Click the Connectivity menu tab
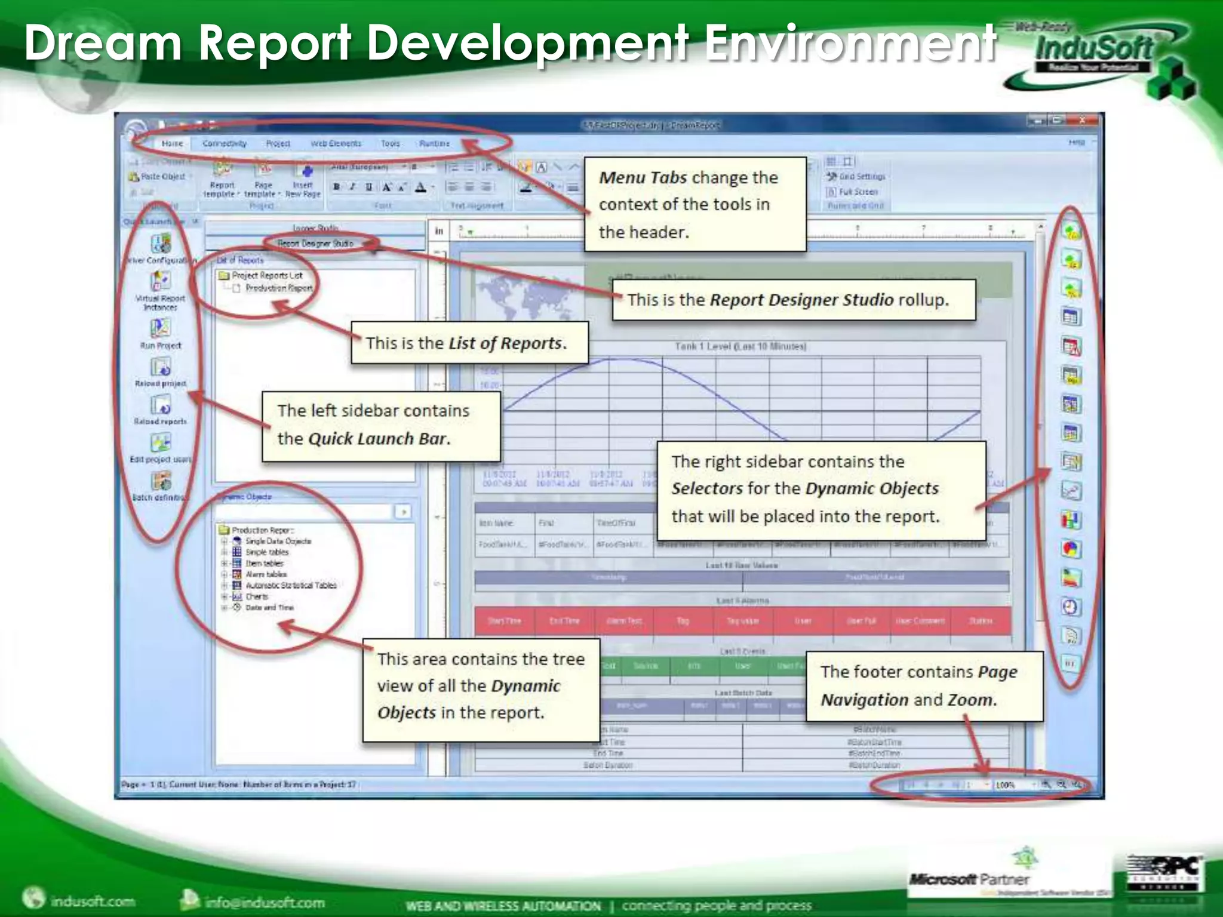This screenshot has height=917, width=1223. [x=224, y=144]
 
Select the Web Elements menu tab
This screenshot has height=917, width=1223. [x=336, y=144]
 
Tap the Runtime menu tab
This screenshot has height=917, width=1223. [x=434, y=144]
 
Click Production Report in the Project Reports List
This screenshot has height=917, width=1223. [x=279, y=288]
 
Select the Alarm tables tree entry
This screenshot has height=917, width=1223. [x=266, y=574]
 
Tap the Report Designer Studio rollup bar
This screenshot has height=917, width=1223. [x=315, y=244]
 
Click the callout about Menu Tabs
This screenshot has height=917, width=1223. [x=695, y=204]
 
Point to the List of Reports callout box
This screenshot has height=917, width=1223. [x=469, y=343]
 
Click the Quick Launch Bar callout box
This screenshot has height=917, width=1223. [x=380, y=424]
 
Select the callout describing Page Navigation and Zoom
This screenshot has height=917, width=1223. [x=923, y=686]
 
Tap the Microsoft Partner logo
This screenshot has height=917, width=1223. [x=969, y=879]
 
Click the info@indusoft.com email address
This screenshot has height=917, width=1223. [x=264, y=901]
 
